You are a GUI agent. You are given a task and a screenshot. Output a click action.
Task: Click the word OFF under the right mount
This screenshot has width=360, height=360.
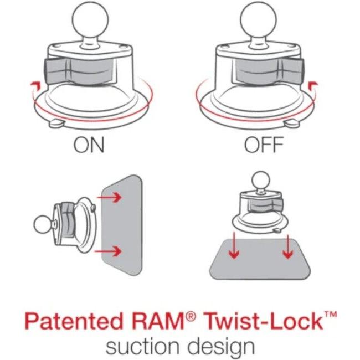(x=264, y=146)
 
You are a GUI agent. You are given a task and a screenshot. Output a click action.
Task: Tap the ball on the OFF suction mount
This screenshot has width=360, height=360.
(x=264, y=23)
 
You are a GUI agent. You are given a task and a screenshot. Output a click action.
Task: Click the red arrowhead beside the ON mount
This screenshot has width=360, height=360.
(x=35, y=84)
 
